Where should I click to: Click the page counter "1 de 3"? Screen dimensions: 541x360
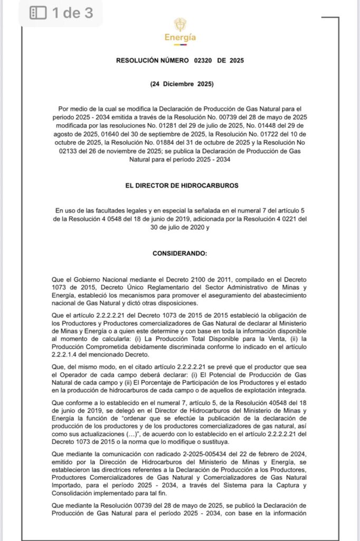(72, 13)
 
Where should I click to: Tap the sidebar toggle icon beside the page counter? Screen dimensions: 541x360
(38, 13)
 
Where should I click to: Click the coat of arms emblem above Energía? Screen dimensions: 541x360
(180, 24)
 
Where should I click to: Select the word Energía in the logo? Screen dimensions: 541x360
(180, 38)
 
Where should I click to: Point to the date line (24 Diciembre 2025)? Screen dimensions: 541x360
(180, 84)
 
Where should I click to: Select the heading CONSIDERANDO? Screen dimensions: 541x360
(180, 253)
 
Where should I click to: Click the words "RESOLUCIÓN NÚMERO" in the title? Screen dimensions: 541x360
(152, 61)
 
